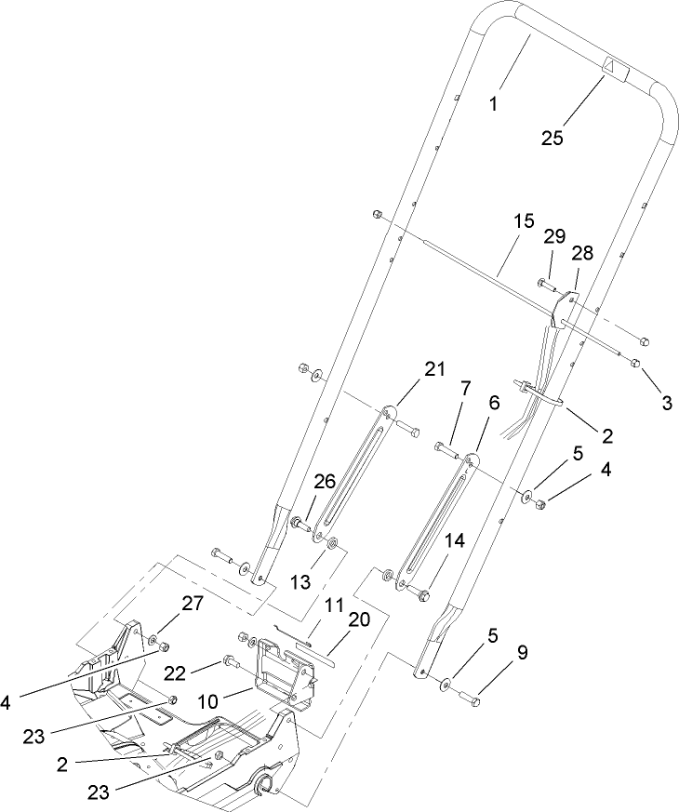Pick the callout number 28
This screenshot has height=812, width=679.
point(582,254)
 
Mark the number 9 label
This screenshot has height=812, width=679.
point(522,653)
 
